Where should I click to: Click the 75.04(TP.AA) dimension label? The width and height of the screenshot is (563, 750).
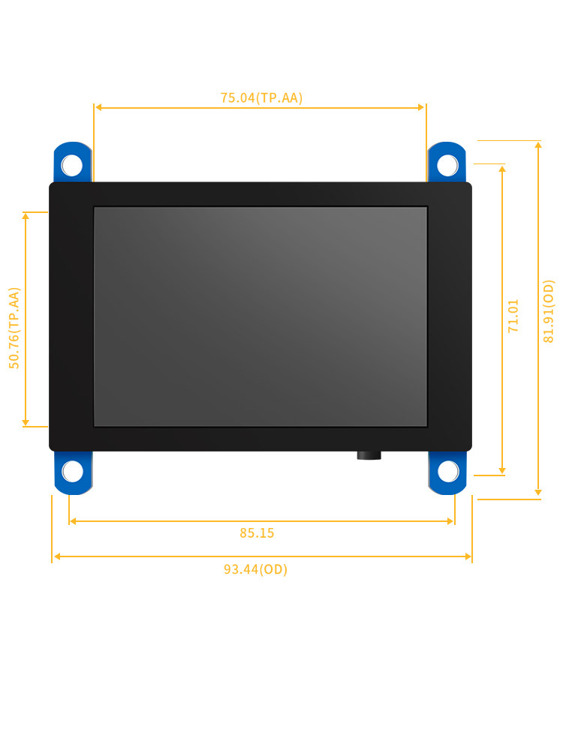tap(261, 97)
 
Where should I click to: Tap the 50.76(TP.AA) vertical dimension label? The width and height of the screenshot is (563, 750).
tap(14, 328)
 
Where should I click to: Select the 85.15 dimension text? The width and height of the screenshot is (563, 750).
tap(257, 532)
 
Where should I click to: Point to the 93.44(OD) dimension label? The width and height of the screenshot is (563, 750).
tap(256, 569)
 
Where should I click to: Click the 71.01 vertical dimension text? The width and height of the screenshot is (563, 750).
tap(513, 316)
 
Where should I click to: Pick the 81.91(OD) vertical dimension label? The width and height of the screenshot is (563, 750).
tap(549, 311)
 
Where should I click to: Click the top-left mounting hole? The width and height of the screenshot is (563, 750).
tap(72, 165)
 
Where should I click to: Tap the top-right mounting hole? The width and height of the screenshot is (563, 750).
tap(447, 165)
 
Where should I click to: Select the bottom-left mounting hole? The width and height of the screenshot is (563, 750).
tap(72, 472)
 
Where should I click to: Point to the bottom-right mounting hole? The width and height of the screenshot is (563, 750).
tap(448, 472)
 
